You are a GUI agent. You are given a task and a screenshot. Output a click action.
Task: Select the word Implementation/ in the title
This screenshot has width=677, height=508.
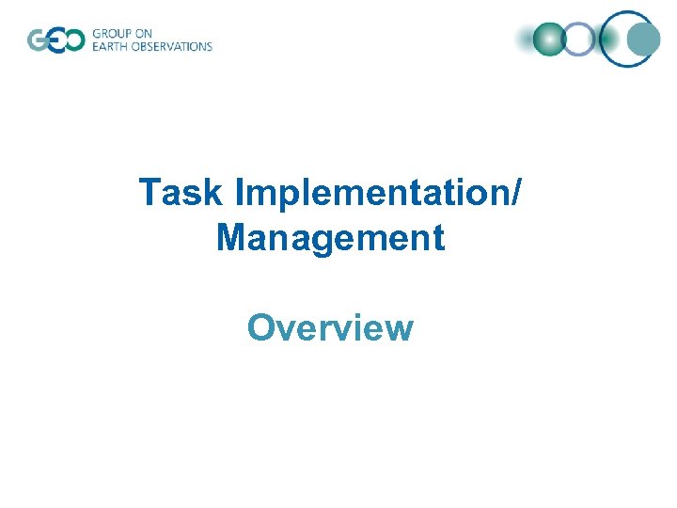pyautogui.click(x=379, y=193)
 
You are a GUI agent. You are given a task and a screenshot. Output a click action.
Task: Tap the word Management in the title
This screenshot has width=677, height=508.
pyautogui.click(x=330, y=238)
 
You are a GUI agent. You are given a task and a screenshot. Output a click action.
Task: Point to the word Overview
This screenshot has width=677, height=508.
pyautogui.click(x=330, y=327)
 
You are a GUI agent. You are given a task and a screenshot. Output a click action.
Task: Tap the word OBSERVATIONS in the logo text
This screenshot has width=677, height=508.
pyautogui.click(x=172, y=46)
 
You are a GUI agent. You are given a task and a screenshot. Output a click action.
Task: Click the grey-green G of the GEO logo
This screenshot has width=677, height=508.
pyautogui.click(x=39, y=40)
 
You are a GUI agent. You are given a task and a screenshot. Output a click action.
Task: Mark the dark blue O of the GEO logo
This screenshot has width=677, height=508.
pyautogui.click(x=73, y=40)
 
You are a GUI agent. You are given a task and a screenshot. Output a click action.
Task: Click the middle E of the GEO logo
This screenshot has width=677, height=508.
pyautogui.click(x=55, y=40)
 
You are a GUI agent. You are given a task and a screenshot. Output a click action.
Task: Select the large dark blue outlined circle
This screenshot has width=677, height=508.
pyautogui.click(x=627, y=38)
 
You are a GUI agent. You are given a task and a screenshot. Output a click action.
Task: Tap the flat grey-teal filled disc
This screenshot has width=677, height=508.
pyautogui.click(x=644, y=40)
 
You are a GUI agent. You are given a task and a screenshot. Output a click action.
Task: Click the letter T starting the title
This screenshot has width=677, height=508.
pyautogui.click(x=150, y=193)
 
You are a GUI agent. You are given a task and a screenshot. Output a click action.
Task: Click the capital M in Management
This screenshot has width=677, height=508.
pyautogui.click(x=231, y=238)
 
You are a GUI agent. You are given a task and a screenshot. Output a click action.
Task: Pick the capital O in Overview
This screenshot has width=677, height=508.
pyautogui.click(x=260, y=327)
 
